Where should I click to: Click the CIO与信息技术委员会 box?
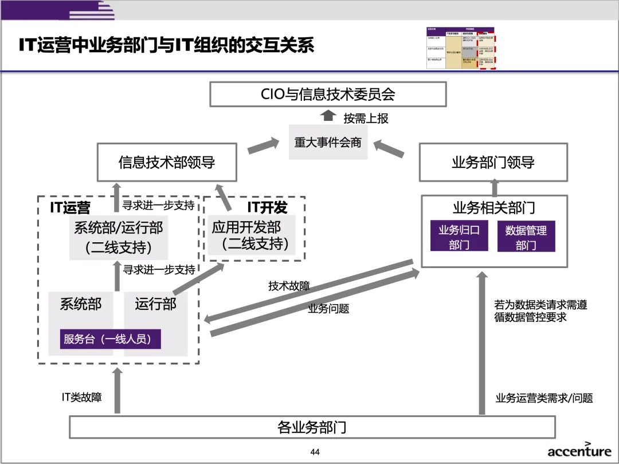click(x=328, y=94)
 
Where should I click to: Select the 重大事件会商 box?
click(x=328, y=142)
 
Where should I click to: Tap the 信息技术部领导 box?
click(x=167, y=162)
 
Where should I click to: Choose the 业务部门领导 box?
click(x=493, y=162)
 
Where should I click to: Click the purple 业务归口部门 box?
click(x=459, y=237)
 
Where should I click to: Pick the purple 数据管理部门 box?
click(x=526, y=237)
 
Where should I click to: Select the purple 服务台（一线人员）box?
click(x=111, y=339)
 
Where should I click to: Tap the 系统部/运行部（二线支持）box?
click(x=119, y=237)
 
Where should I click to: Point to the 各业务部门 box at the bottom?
click(x=312, y=427)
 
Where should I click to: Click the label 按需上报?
click(x=366, y=118)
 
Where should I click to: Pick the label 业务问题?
click(x=328, y=309)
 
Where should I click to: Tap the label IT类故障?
click(x=82, y=396)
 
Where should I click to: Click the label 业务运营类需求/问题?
click(x=544, y=398)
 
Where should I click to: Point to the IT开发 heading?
click(x=267, y=207)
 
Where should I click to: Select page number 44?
click(x=315, y=452)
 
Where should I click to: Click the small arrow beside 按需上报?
click(x=328, y=116)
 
